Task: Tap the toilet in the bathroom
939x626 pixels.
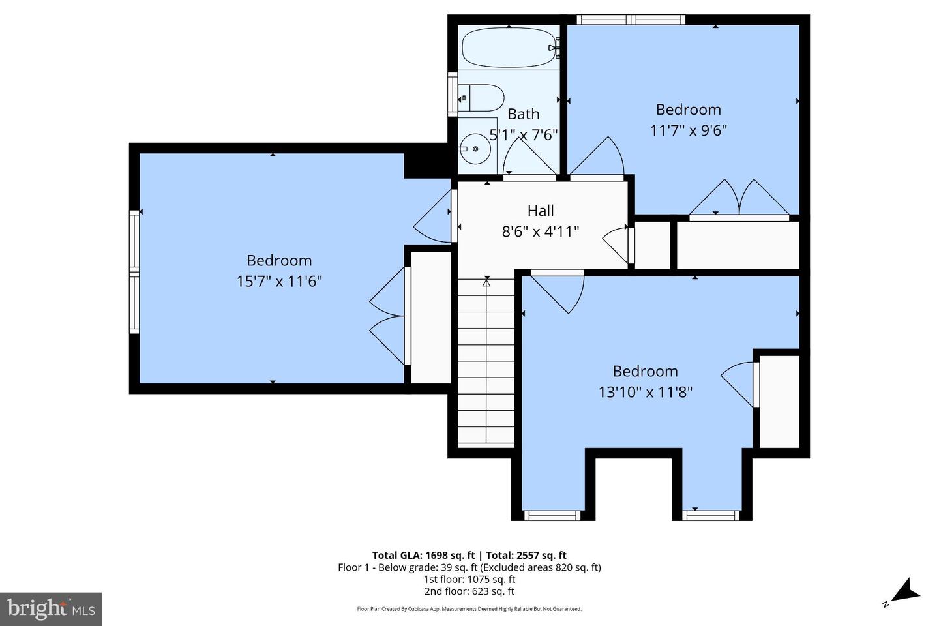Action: pyautogui.click(x=481, y=98)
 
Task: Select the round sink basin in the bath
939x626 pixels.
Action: pyautogui.click(x=475, y=149)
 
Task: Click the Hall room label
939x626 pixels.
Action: pyautogui.click(x=541, y=211)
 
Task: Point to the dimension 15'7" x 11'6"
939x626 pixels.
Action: pyautogui.click(x=279, y=282)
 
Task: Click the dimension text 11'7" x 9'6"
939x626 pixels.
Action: pyautogui.click(x=688, y=130)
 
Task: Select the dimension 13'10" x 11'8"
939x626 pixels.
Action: pyautogui.click(x=645, y=392)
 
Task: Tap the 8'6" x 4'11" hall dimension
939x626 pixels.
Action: pyautogui.click(x=541, y=231)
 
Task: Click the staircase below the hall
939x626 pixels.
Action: pyautogui.click(x=486, y=362)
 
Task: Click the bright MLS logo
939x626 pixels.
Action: pyautogui.click(x=50, y=609)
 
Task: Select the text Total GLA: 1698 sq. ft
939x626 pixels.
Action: pyautogui.click(x=423, y=556)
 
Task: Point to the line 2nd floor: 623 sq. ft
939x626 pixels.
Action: pyautogui.click(x=469, y=591)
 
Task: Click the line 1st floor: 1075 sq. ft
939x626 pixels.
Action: pyautogui.click(x=469, y=580)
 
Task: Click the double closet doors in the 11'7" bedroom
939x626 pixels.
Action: pyautogui.click(x=739, y=198)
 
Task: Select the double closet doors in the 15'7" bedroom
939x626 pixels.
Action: pyautogui.click(x=389, y=317)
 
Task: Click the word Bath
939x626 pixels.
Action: pyautogui.click(x=523, y=114)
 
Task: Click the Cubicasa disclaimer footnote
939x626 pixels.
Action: pyautogui.click(x=469, y=609)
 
